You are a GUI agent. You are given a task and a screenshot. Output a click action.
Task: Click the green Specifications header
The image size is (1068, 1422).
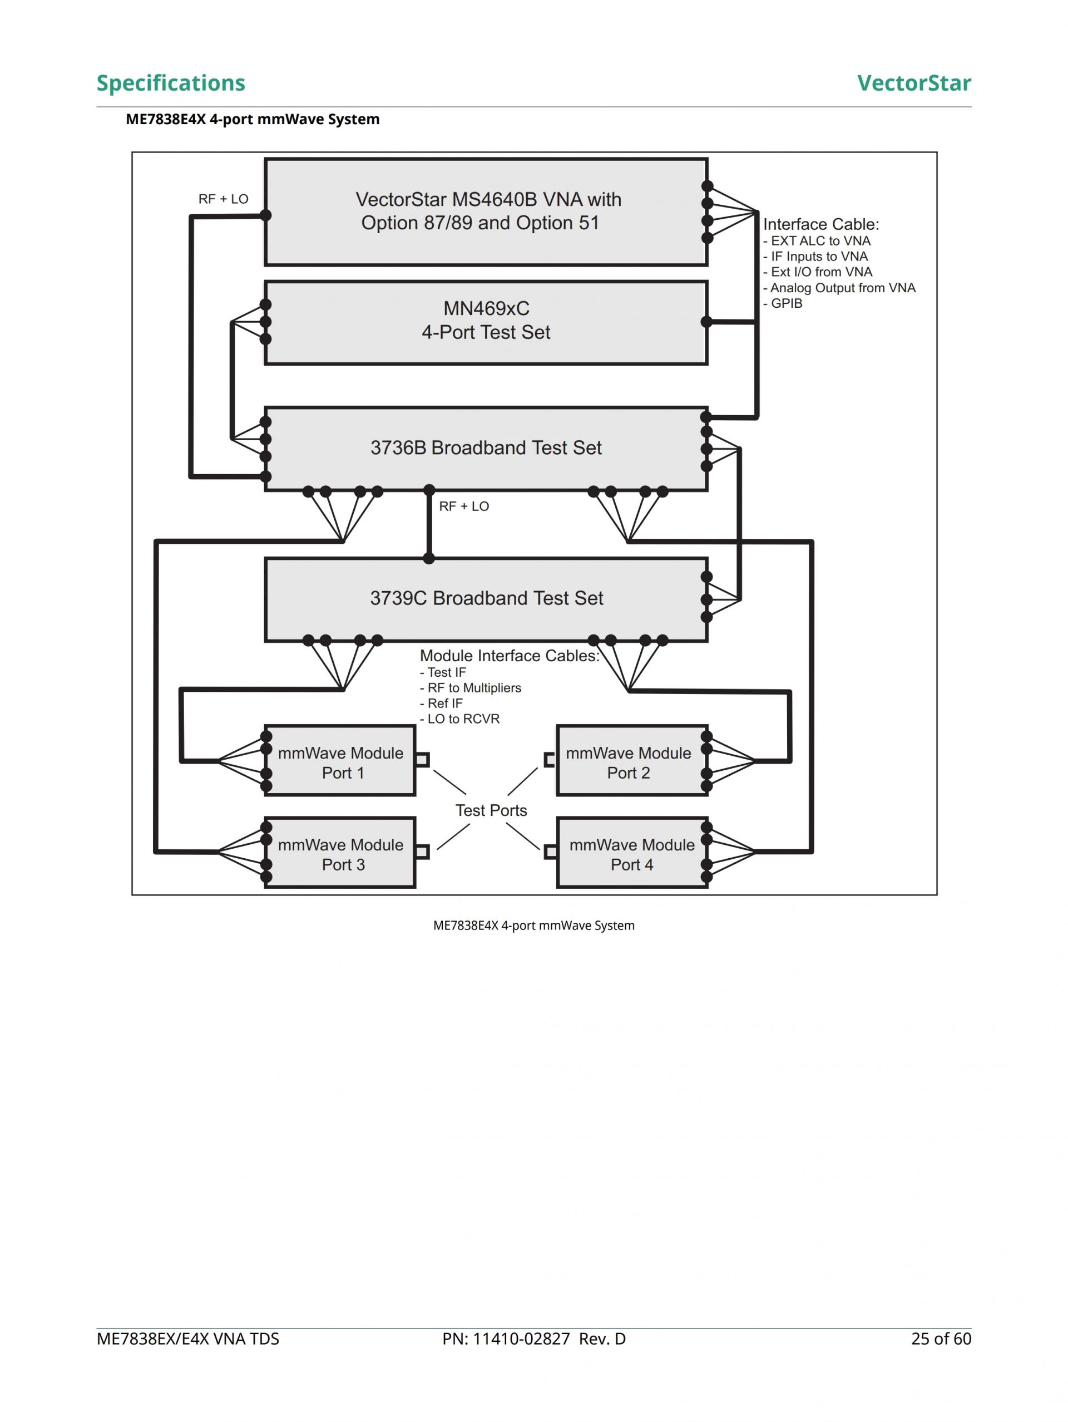170,83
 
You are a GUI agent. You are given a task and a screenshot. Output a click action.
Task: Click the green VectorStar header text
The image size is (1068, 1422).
913,83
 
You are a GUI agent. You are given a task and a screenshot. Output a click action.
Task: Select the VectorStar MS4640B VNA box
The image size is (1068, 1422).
486,211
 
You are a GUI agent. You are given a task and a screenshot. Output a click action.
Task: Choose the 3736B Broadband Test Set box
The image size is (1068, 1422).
486,448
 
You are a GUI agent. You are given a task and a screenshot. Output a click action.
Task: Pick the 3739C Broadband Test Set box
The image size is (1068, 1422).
486,598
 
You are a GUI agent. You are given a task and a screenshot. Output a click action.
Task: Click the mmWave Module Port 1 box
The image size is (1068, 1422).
340,762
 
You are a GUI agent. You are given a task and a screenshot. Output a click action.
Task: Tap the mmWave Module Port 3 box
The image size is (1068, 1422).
340,854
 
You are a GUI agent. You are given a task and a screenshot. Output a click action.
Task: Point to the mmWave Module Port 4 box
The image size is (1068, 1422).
632,854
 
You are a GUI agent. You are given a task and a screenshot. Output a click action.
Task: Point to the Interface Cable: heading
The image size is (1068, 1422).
820,224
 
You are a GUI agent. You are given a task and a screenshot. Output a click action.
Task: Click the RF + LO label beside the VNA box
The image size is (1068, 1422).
223,199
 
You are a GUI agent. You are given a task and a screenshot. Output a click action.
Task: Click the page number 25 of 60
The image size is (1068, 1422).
941,1339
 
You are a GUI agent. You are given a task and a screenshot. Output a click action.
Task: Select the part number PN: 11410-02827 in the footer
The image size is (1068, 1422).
533,1339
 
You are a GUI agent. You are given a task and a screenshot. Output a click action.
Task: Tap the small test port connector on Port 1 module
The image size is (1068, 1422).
422,760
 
